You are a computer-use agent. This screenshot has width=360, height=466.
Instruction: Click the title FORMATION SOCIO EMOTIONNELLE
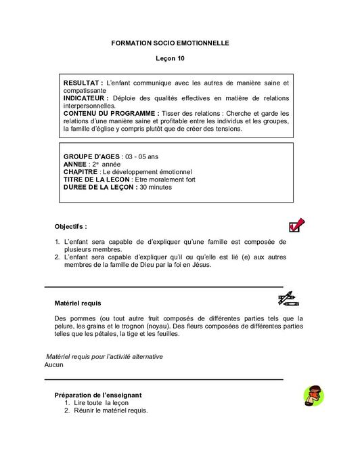tap(170, 43)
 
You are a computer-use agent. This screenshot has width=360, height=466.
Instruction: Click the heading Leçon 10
tap(170, 59)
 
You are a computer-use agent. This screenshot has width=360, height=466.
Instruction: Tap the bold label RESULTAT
tap(82, 82)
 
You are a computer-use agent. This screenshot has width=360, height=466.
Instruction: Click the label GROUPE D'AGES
tap(86, 156)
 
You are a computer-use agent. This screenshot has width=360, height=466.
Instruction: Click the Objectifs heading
tap(70, 226)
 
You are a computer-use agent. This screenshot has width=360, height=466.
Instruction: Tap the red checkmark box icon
tap(296, 226)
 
